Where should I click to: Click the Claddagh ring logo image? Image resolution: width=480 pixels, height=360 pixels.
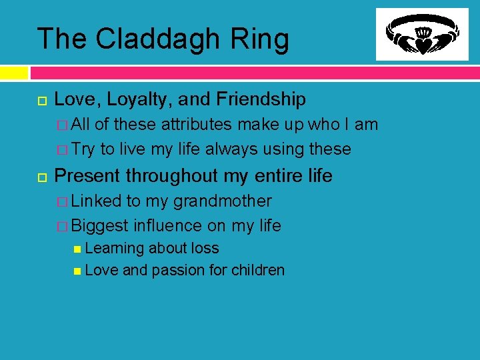click(x=422, y=35)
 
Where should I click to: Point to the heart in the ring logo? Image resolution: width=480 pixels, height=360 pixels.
click(x=422, y=45)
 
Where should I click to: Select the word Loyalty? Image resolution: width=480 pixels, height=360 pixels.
click(x=131, y=100)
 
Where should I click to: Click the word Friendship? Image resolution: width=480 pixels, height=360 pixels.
click(x=261, y=100)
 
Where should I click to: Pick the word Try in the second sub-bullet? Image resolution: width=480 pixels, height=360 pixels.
click(x=84, y=149)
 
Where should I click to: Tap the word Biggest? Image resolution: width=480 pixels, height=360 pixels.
click(x=100, y=225)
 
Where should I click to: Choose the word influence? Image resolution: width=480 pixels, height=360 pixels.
click(x=169, y=225)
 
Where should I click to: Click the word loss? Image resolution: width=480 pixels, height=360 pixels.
click(x=203, y=248)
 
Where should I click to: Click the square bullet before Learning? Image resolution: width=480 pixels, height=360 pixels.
click(x=78, y=249)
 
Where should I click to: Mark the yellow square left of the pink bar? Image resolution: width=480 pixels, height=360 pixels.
click(x=14, y=72)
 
